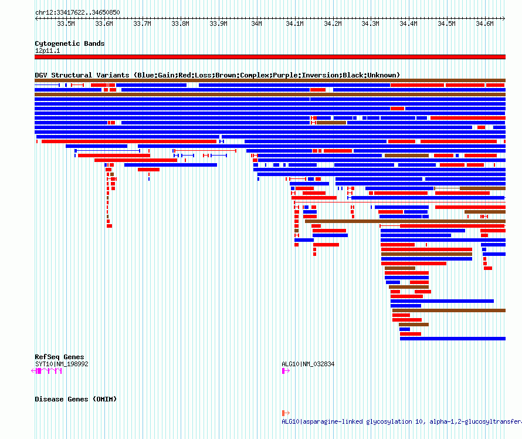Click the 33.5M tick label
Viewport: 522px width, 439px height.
pos(66,23)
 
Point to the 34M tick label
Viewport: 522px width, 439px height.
pos(256,23)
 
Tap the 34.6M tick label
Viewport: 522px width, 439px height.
pos(484,23)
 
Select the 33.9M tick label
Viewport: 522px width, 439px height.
pos(218,23)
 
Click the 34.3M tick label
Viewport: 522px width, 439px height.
pos(370,23)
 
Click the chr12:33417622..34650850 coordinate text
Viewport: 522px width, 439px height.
pos(77,13)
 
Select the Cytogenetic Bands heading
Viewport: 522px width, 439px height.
pos(70,43)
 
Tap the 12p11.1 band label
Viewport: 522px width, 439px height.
pos(48,50)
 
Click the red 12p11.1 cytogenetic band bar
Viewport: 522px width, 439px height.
pos(270,57)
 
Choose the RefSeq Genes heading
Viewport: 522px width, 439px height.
pos(59,357)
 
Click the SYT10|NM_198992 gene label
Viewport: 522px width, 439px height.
pos(62,364)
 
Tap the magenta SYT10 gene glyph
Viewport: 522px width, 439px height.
pos(46,371)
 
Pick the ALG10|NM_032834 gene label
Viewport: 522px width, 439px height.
pos(308,364)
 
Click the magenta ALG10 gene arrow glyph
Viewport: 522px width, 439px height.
pos(286,371)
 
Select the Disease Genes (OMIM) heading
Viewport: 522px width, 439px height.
pos(76,399)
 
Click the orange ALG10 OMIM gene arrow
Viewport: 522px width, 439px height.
pos(286,413)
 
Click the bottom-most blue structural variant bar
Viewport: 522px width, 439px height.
pos(453,339)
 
